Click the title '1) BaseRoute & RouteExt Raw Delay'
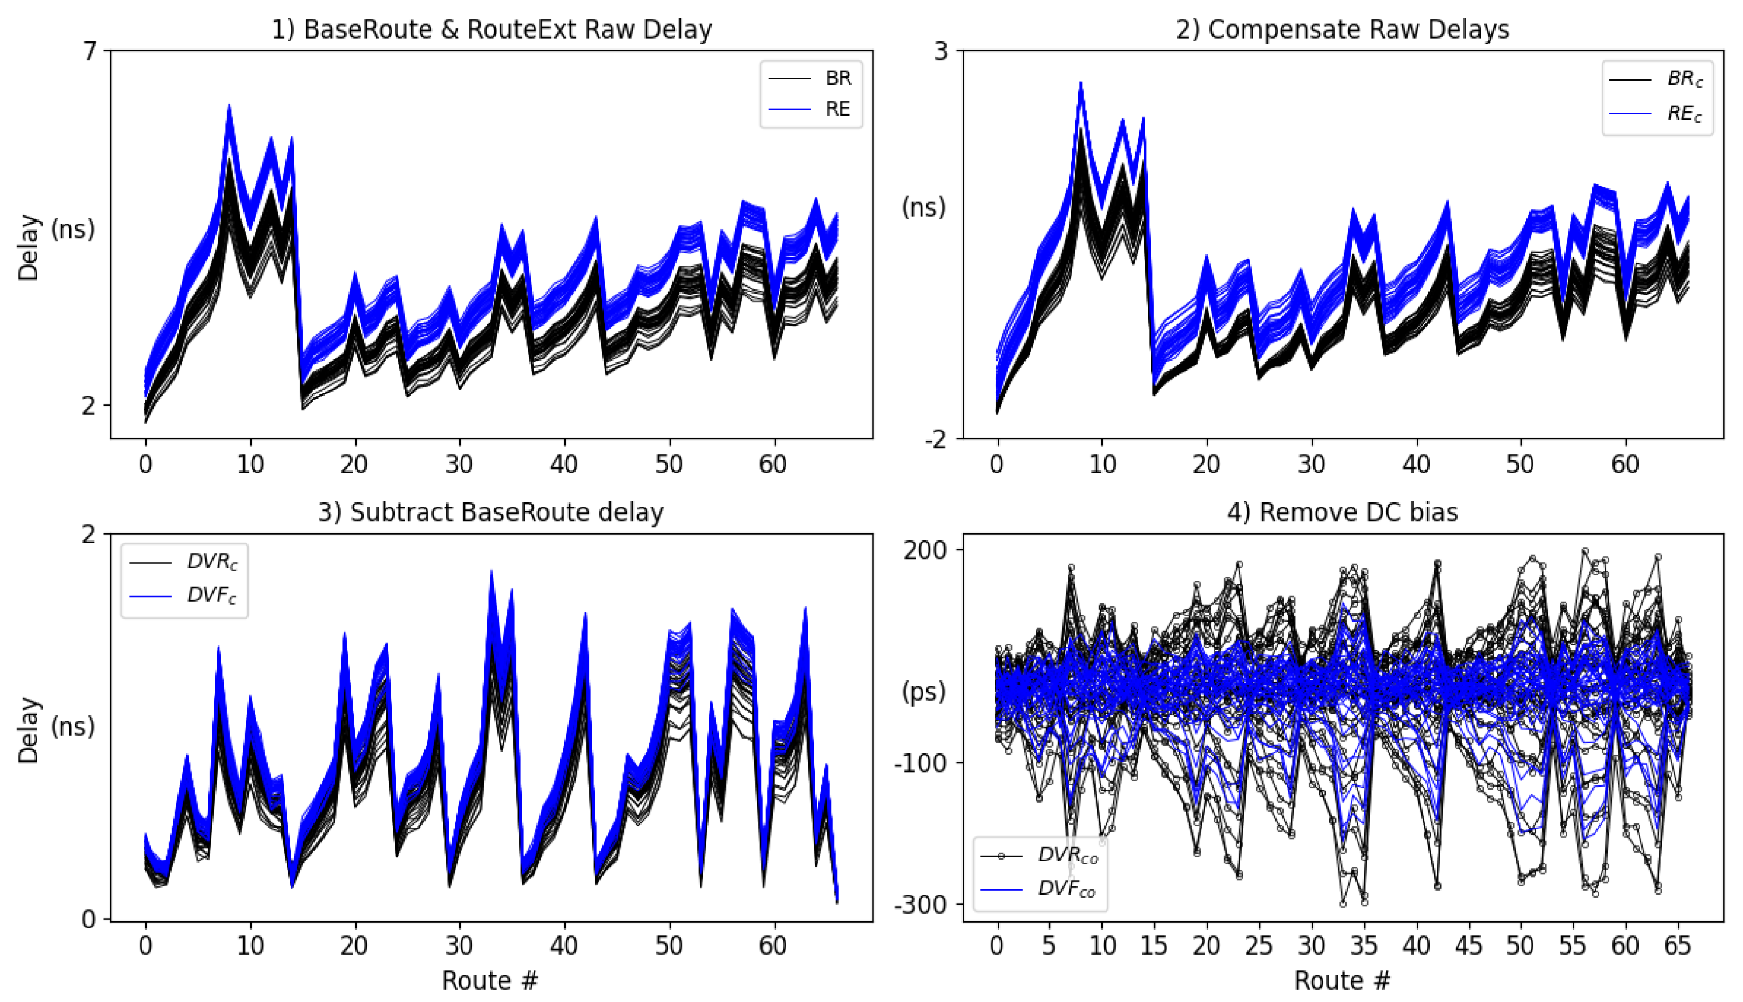tap(491, 30)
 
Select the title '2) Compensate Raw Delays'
tap(1343, 30)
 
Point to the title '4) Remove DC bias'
tap(1343, 513)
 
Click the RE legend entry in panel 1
tap(838, 109)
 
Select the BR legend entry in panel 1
tap(838, 78)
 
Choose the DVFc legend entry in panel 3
tap(211, 595)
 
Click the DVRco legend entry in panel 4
tap(1067, 856)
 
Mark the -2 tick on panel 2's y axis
tap(936, 439)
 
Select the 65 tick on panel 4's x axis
tap(1678, 946)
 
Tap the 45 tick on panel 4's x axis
tap(1467, 946)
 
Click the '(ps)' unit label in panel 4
tap(924, 692)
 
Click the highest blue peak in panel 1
tap(229, 107)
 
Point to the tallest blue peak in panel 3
tap(491, 571)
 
